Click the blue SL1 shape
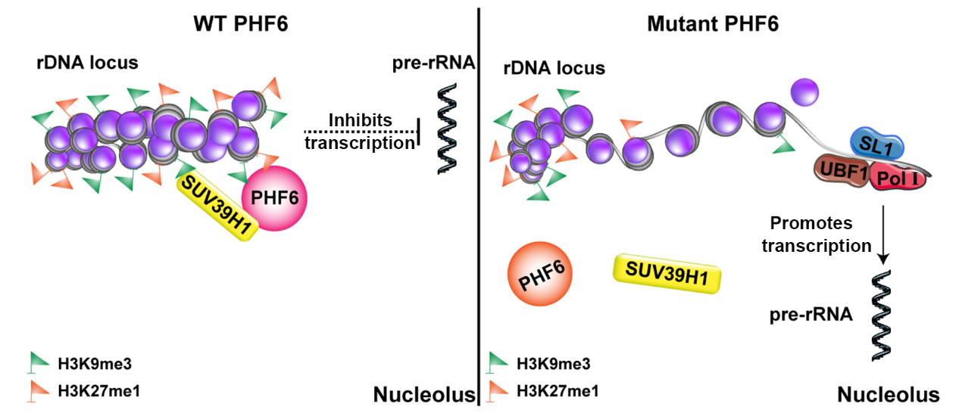872,142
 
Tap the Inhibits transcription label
360,132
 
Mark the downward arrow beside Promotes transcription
884,234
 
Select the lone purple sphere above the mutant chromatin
805,93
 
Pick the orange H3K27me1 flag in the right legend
498,390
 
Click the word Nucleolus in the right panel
888,394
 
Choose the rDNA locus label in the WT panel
87,63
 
